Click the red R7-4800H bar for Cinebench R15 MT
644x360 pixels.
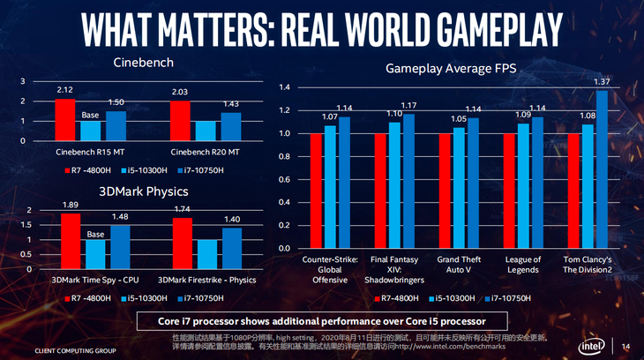(x=64, y=120)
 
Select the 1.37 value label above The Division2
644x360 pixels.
(x=601, y=82)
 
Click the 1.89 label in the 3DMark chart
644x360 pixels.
(x=71, y=205)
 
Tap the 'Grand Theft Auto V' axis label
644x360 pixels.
(x=460, y=266)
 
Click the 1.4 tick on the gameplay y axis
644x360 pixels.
(x=284, y=87)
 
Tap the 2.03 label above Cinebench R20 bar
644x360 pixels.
(x=182, y=92)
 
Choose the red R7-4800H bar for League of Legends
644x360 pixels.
(x=509, y=191)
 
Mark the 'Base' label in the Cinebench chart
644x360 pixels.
(x=91, y=115)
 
